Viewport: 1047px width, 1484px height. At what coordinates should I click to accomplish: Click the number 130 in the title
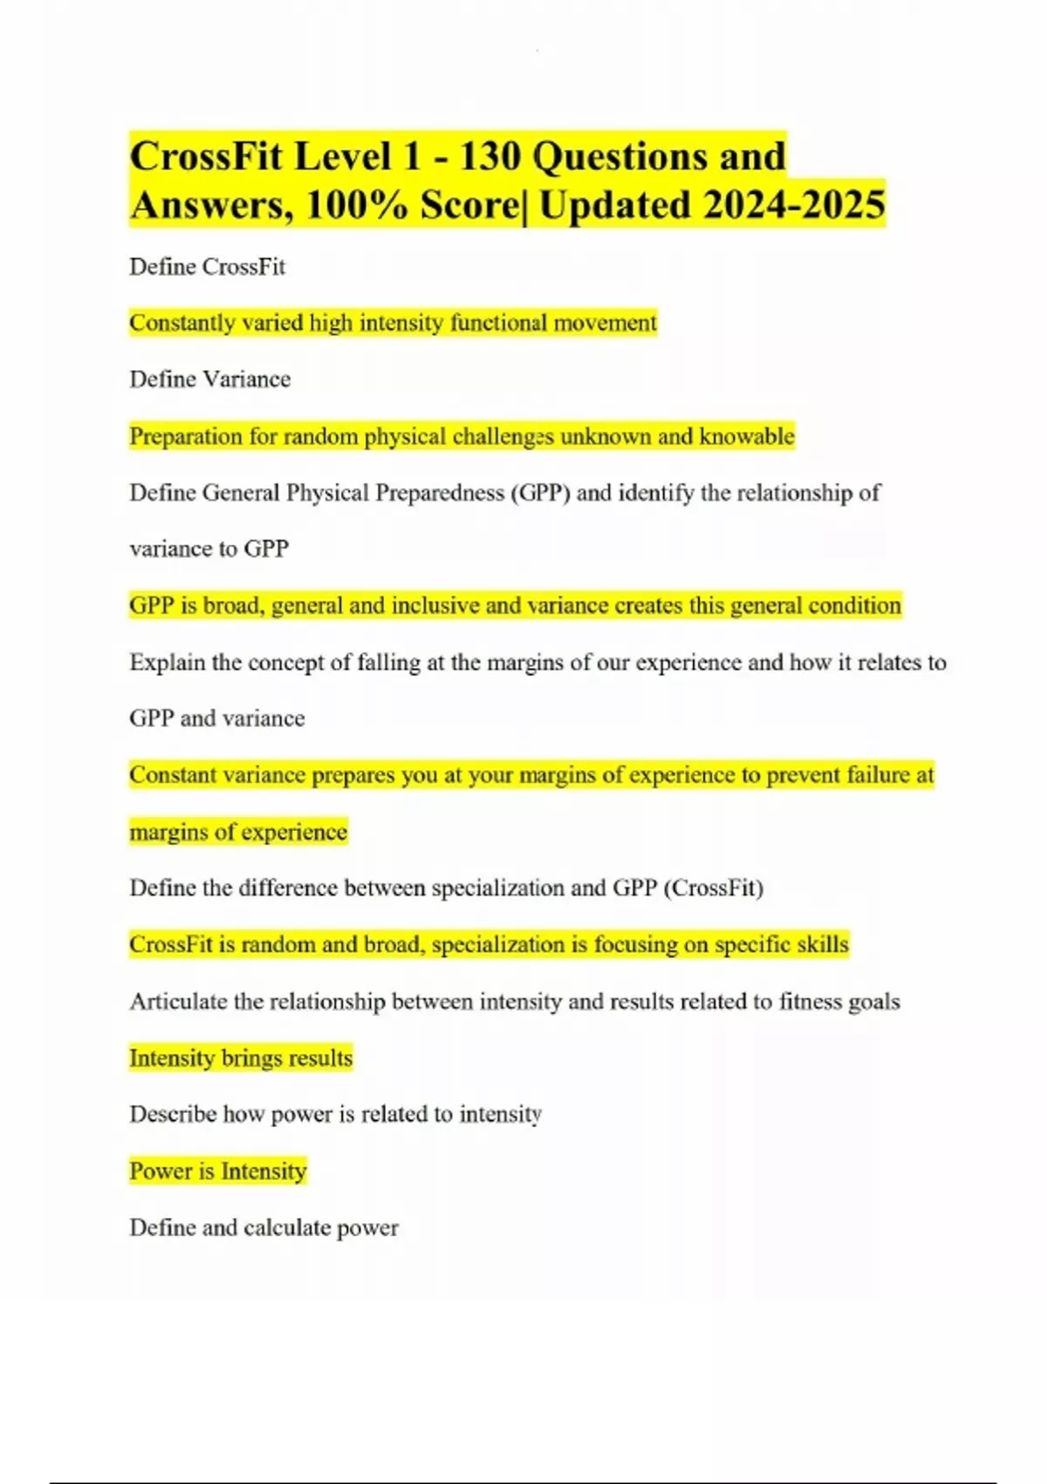click(489, 157)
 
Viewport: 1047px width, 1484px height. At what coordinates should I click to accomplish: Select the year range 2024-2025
click(794, 206)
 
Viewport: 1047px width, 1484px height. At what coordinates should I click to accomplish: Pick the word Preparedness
click(440, 492)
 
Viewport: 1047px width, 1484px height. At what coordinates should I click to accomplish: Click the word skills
click(822, 945)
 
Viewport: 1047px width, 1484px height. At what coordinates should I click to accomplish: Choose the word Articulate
click(178, 1001)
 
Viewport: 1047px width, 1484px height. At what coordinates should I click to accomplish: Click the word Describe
click(173, 1114)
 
